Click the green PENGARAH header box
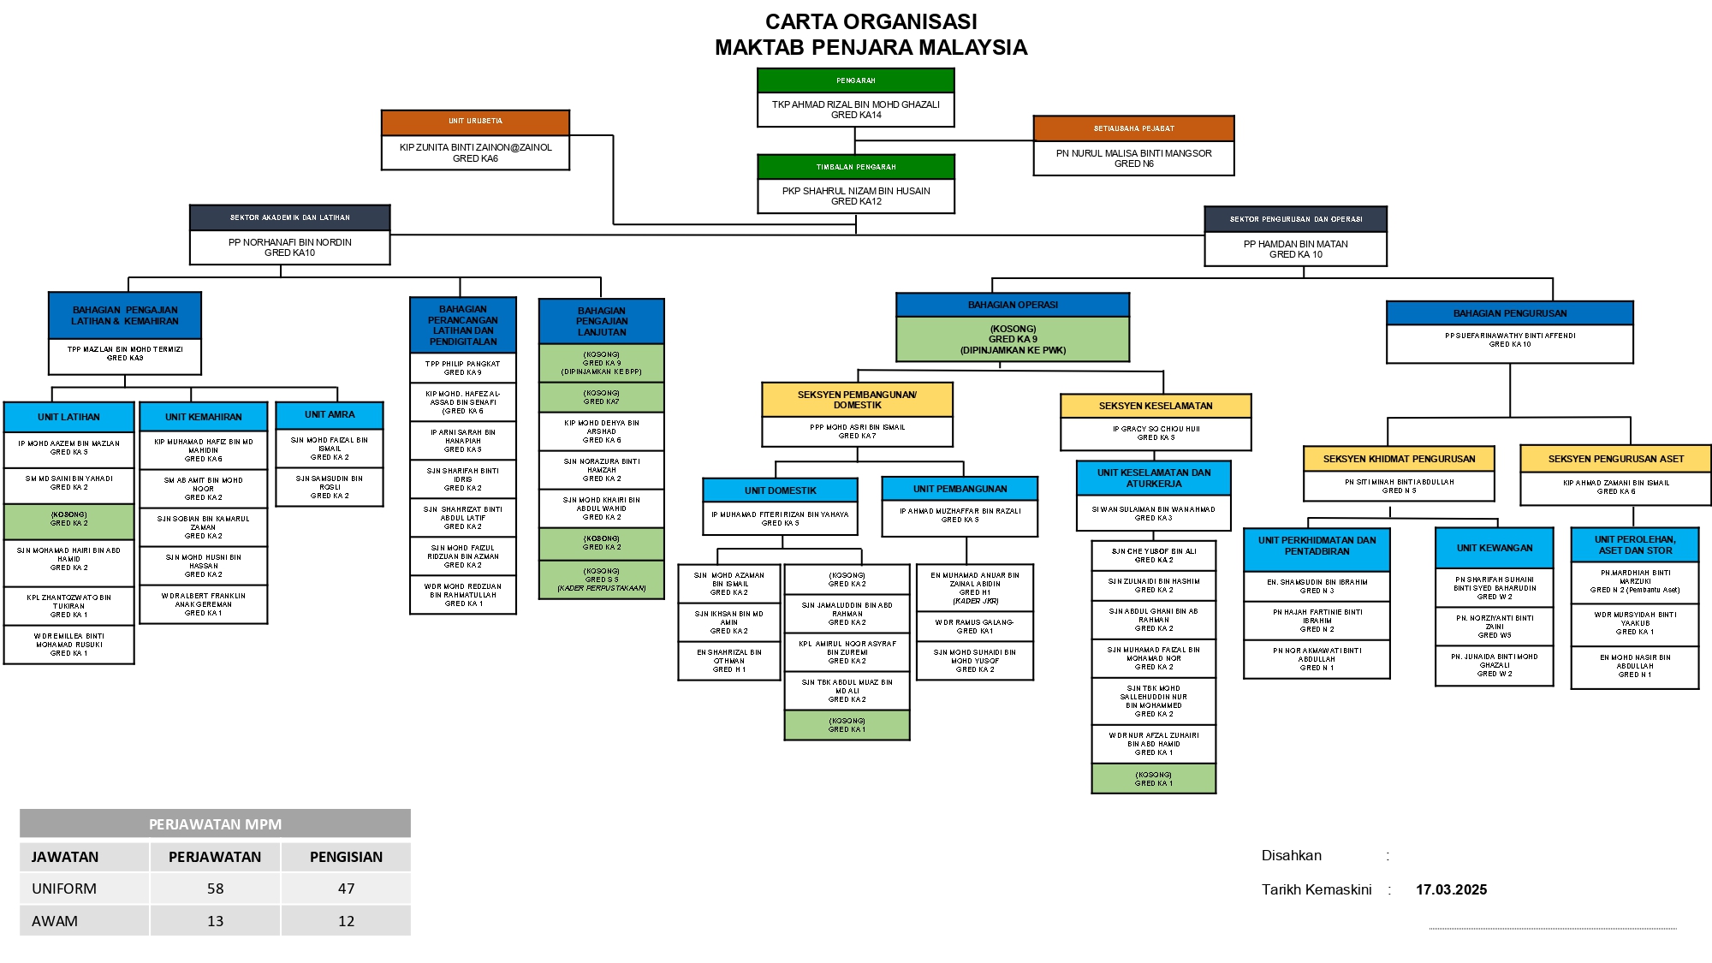pyautogui.click(x=855, y=80)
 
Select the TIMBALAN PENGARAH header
pyautogui.click(x=855, y=167)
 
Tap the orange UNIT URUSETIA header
pyautogui.click(x=475, y=122)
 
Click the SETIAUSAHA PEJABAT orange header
pyautogui.click(x=1133, y=128)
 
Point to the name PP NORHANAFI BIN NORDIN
pyautogui.click(x=289, y=242)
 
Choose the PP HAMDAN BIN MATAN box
pyautogui.click(x=1295, y=249)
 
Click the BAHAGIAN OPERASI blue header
pyautogui.click(x=1013, y=305)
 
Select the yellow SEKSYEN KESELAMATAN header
pyautogui.click(x=1156, y=406)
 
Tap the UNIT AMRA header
pyautogui.click(x=330, y=415)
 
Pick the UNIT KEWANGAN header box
pyautogui.click(x=1494, y=548)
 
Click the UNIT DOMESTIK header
pyautogui.click(x=780, y=490)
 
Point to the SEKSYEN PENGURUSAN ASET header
pyautogui.click(x=1615, y=459)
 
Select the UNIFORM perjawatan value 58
pyautogui.click(x=215, y=889)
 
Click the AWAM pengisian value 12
pyautogui.click(x=346, y=921)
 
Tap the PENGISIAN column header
pyautogui.click(x=346, y=857)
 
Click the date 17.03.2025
pyautogui.click(x=1451, y=889)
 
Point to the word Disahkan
pyautogui.click(x=1291, y=855)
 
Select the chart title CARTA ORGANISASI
pyautogui.click(x=871, y=21)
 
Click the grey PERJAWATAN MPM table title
pyautogui.click(x=215, y=824)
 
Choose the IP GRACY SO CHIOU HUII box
pyautogui.click(x=1156, y=433)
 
